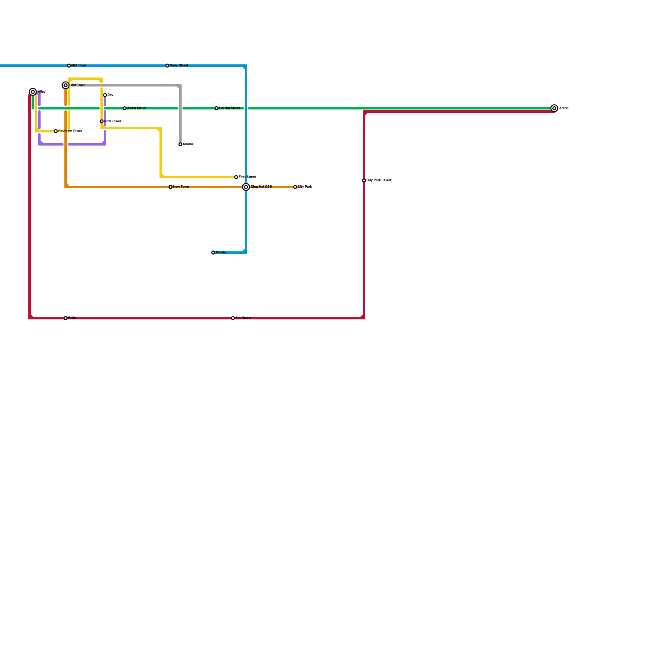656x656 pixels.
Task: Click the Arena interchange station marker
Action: coord(554,108)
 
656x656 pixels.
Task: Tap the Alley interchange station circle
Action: coord(33,92)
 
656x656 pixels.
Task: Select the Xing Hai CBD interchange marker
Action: coord(246,187)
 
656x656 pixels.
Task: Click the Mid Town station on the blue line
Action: coord(69,66)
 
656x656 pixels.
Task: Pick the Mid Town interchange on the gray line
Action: coord(66,85)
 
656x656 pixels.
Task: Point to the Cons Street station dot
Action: coord(167,66)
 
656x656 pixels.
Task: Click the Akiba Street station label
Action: coord(137,108)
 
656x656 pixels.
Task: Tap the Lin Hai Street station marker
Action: coord(216,108)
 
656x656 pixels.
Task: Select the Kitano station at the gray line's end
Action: coord(180,144)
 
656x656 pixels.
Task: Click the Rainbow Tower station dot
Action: coord(56,131)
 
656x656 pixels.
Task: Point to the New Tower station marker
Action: coord(102,121)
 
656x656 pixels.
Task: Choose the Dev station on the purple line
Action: coord(105,95)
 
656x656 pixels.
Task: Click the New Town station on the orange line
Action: coord(171,187)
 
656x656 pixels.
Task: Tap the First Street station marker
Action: coord(236,177)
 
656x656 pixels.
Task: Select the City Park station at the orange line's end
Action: coord(295,187)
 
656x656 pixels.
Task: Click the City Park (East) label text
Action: coord(379,180)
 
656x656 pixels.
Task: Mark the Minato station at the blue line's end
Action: coord(213,253)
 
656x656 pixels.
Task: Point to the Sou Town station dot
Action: coord(233,318)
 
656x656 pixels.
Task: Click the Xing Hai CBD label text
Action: coord(262,187)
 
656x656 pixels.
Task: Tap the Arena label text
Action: coord(564,108)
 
